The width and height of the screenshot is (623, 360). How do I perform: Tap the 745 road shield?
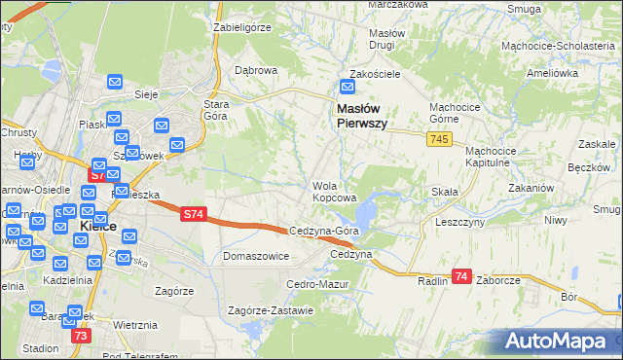437,141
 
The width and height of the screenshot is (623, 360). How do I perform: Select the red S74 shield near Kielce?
98,175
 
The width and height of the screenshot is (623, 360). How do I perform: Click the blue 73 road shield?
81,336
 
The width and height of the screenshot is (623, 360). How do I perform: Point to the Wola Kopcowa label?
332,192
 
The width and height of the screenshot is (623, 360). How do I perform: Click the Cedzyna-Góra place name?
326,231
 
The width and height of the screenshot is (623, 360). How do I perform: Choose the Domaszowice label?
256,256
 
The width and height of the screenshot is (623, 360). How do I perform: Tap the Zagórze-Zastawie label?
270,310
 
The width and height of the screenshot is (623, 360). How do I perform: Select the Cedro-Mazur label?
311,284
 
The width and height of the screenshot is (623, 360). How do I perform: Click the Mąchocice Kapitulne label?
501,157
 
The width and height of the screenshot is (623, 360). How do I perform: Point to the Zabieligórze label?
241,28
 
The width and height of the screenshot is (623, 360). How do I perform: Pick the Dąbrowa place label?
257,70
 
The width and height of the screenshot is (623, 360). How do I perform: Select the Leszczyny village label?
461,221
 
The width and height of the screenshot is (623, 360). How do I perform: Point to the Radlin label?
431,281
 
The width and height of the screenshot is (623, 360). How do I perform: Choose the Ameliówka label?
552,74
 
